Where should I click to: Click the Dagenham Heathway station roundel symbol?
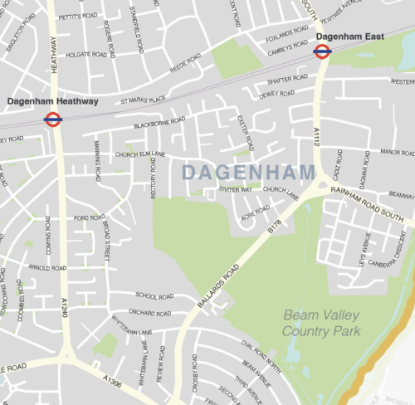tap(53, 119)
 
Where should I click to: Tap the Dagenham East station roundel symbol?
tap(322, 51)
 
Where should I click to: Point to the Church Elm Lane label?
tap(140, 154)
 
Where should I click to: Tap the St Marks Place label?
tap(144, 100)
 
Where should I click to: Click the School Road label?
tap(154, 295)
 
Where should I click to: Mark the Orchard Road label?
tap(149, 313)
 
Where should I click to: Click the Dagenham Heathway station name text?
tap(53, 101)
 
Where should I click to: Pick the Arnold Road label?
tap(47, 268)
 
